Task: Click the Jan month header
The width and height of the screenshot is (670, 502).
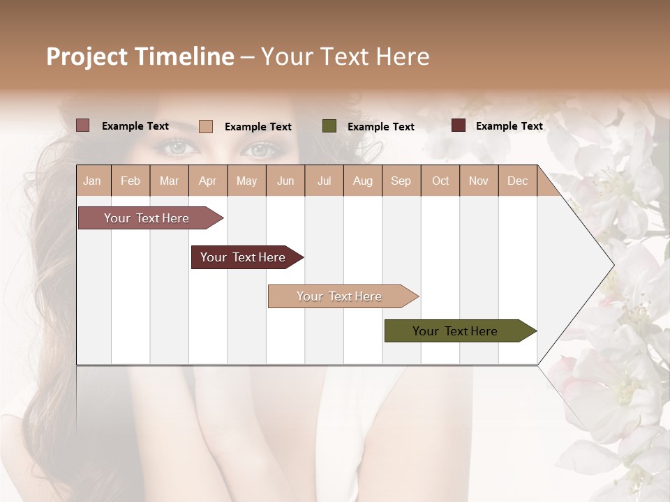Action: point(92,181)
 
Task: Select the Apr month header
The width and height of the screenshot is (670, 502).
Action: point(207,181)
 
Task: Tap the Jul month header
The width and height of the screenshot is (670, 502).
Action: point(324,181)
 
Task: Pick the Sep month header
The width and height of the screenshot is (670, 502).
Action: point(401,181)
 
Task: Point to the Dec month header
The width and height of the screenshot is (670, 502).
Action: point(517,181)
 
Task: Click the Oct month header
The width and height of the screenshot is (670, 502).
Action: point(440,181)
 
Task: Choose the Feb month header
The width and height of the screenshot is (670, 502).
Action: point(131,181)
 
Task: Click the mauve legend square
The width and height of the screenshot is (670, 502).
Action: point(83,125)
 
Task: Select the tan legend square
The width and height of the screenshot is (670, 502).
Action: point(206,126)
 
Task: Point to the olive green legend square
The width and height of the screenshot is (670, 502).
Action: point(329,125)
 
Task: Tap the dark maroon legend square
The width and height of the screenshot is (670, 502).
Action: point(459,125)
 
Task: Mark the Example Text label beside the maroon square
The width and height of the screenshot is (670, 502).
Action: point(509,126)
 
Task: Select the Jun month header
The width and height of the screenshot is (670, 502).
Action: point(285,181)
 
